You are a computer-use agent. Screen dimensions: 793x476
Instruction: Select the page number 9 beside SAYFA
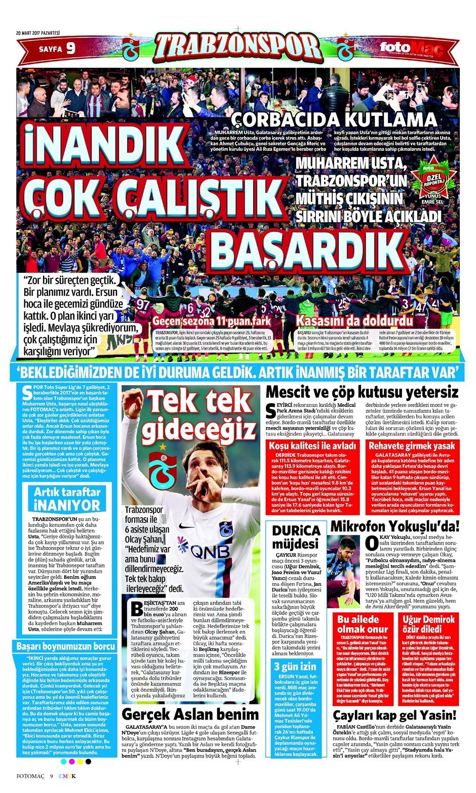click(70, 49)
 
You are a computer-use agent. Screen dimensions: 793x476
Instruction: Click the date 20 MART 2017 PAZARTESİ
click(38, 33)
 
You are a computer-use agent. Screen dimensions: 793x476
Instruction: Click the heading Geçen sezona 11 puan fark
click(211, 321)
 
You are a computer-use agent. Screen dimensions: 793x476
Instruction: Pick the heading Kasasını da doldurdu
click(354, 321)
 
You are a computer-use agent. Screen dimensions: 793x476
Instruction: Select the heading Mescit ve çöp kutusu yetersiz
click(362, 392)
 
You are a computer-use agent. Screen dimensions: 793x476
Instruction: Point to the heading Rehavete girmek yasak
click(412, 446)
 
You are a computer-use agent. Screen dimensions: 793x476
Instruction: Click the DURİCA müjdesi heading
click(296, 536)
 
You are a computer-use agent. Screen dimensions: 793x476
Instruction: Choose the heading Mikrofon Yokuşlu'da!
click(394, 526)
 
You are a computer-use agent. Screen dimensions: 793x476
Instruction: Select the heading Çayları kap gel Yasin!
click(394, 715)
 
